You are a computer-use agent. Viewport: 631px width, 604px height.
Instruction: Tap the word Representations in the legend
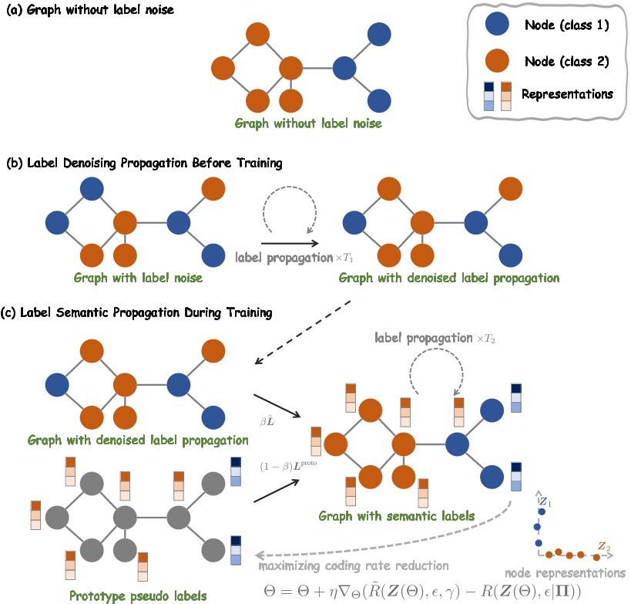pyautogui.click(x=567, y=95)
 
